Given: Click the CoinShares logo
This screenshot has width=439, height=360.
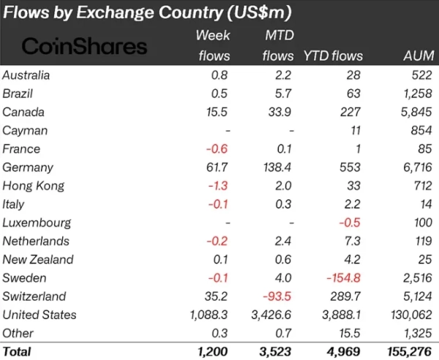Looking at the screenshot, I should click(x=84, y=45).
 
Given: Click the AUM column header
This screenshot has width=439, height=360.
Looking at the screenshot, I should click(x=418, y=56).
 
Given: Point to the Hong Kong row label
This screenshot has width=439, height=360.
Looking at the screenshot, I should click(x=34, y=186).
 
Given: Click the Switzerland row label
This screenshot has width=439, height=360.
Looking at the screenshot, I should click(x=34, y=296).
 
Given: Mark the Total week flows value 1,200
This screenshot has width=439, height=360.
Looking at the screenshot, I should click(x=214, y=352).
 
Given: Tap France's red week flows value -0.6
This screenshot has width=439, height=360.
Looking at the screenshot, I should click(x=219, y=149).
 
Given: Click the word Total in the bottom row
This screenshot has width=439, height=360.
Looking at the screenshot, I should click(x=17, y=352).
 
